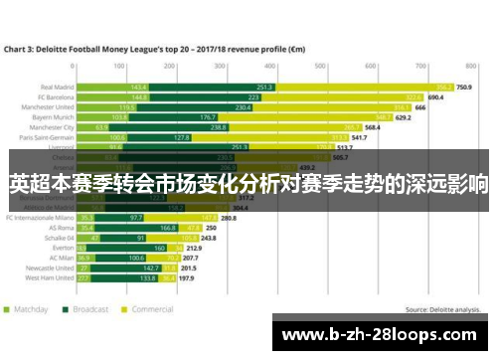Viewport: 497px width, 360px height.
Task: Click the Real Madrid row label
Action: (x=55, y=87)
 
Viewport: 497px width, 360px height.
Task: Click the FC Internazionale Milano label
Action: (x=41, y=218)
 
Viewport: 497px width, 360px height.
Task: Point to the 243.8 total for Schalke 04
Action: (x=209, y=239)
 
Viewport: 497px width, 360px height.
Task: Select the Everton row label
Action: (x=62, y=249)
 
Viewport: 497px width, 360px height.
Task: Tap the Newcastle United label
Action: (x=51, y=268)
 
